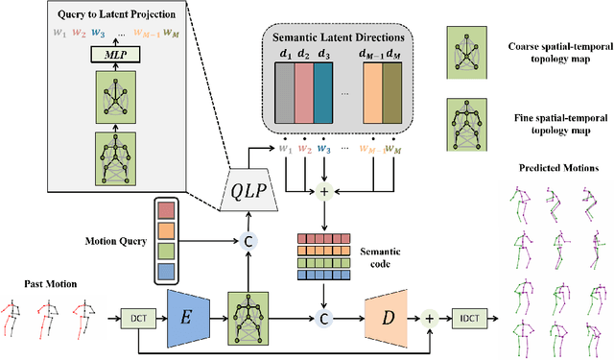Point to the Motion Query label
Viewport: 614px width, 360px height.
point(106,241)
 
